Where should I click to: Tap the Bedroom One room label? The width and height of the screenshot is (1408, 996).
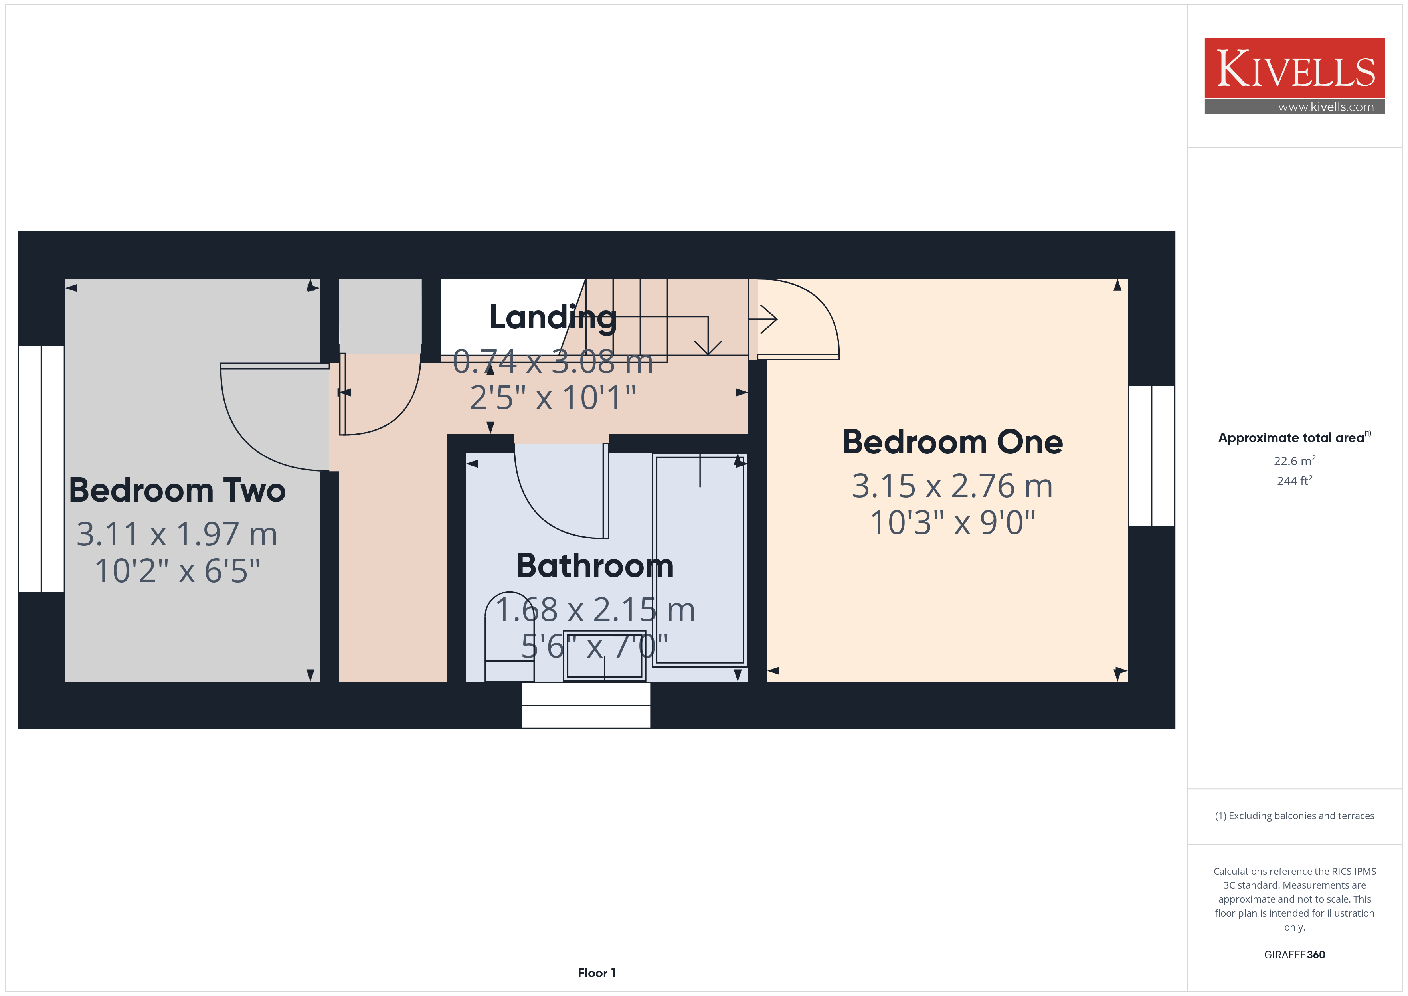tap(952, 442)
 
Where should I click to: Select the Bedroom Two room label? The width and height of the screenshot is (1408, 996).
tap(177, 490)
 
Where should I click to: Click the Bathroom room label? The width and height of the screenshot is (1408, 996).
tap(595, 565)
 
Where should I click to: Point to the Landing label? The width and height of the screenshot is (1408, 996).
tap(552, 318)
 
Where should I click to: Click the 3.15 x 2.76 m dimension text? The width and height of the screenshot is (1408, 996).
tap(952, 486)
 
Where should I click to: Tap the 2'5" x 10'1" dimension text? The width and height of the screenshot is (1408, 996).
tap(552, 398)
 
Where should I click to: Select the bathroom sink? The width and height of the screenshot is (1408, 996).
tap(605, 656)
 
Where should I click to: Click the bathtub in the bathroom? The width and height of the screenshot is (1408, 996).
tap(700, 560)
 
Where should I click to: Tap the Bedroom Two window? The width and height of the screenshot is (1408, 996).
tap(41, 468)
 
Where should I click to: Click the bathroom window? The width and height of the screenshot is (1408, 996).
tap(585, 705)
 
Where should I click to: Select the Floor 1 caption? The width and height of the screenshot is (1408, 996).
tap(596, 973)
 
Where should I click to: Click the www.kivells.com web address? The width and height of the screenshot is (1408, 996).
tap(1326, 107)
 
